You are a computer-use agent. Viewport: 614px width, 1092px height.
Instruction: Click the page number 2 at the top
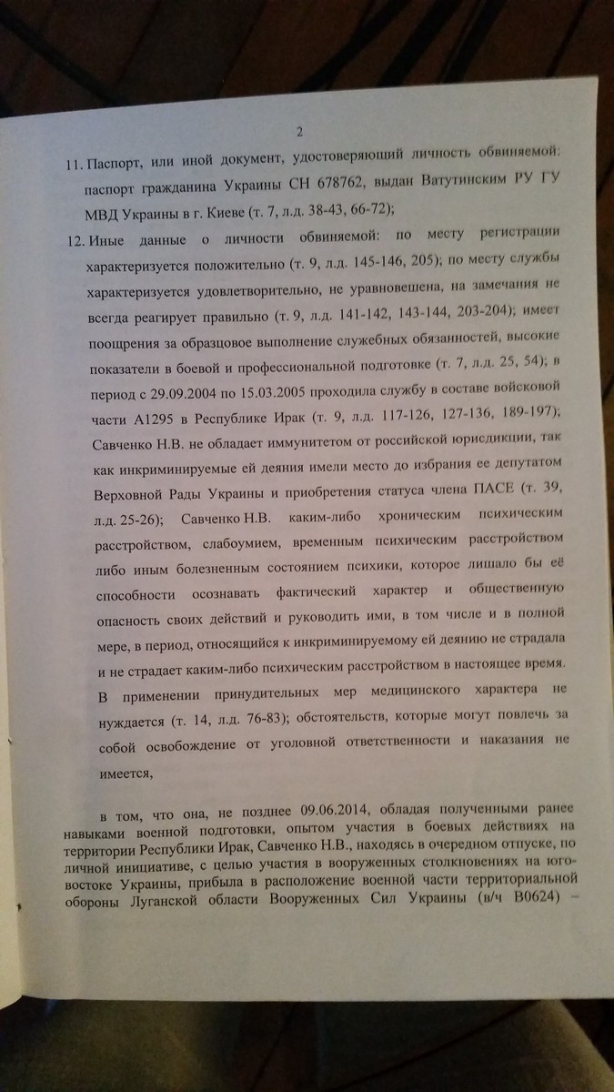click(310, 129)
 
